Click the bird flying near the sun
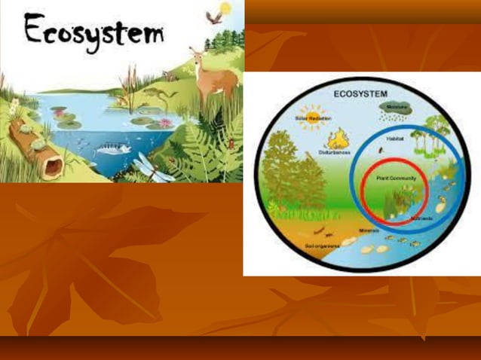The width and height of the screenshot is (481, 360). [x=214, y=17]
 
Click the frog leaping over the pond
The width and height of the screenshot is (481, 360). [x=155, y=94]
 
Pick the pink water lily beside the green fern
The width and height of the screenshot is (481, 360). [x=165, y=122]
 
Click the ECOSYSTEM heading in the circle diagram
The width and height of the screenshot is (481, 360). [x=361, y=93]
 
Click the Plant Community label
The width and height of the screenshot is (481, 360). [x=392, y=177]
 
